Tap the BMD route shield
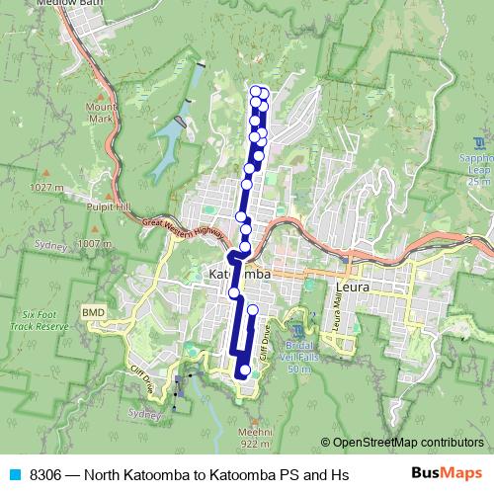tap(93, 312)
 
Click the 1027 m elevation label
tap(46, 187)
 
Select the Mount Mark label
tap(101, 113)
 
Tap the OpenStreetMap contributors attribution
tap(407, 443)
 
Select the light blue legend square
tap(15, 475)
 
